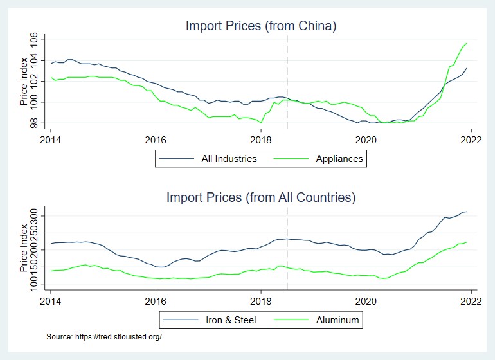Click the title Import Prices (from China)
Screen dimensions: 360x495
pyautogui.click(x=261, y=26)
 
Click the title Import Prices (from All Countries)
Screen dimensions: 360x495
pyautogui.click(x=261, y=197)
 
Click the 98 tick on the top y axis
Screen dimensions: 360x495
pyautogui.click(x=34, y=122)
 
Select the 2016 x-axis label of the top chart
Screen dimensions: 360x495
pyautogui.click(x=156, y=139)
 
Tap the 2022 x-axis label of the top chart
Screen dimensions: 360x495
pyautogui.click(x=471, y=139)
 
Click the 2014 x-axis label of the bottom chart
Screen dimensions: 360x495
pyautogui.click(x=51, y=300)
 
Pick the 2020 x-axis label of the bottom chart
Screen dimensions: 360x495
pyautogui.click(x=366, y=300)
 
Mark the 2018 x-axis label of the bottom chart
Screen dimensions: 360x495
pyautogui.click(x=261, y=300)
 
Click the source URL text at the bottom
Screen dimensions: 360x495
pyautogui.click(x=104, y=336)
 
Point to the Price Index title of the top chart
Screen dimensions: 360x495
pyautogui.click(x=24, y=82)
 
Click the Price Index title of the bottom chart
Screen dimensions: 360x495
pyautogui.click(x=24, y=247)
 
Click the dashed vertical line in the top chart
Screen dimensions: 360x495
pyautogui.click(x=287, y=77)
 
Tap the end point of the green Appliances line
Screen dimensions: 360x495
pyautogui.click(x=466, y=43)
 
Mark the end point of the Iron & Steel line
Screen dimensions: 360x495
pyautogui.click(x=466, y=212)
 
